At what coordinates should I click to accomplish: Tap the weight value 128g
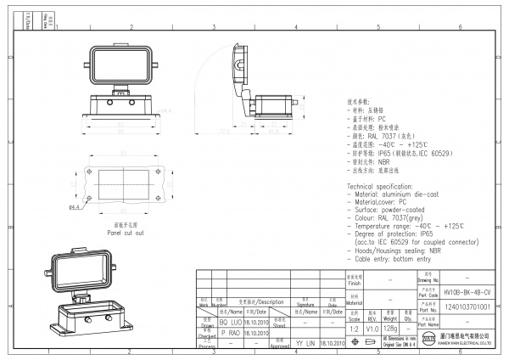click(391, 328)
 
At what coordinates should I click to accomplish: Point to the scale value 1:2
click(352, 328)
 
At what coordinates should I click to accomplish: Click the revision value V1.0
click(372, 328)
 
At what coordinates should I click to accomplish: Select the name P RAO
click(230, 335)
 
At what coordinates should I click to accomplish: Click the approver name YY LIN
click(304, 343)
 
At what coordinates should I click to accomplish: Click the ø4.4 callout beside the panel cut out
click(74, 206)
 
